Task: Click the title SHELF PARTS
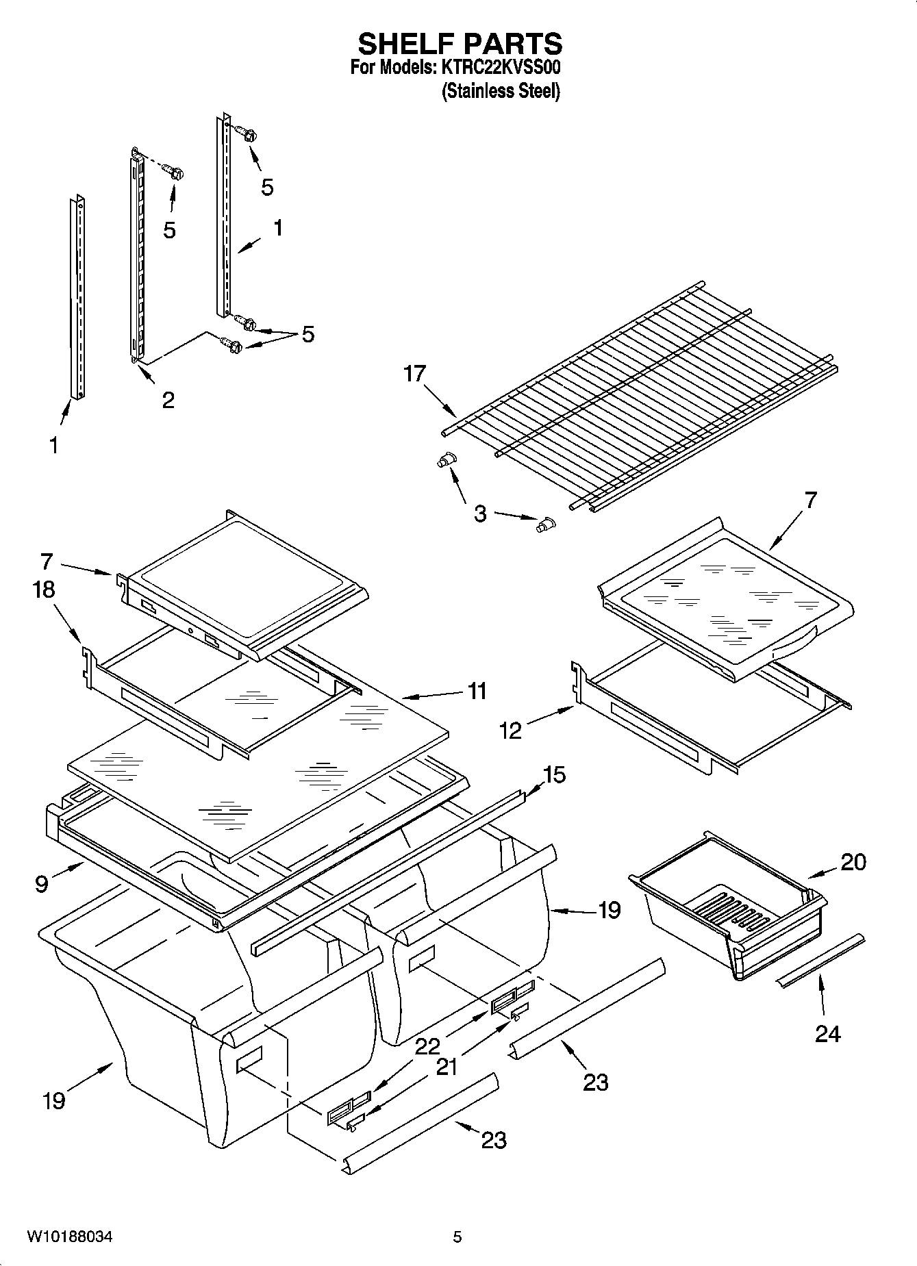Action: [460, 44]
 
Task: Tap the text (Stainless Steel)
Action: [501, 91]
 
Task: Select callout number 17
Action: [414, 374]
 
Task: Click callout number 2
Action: [168, 399]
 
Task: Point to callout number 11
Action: [477, 691]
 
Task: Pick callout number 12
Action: [511, 731]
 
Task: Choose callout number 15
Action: [554, 775]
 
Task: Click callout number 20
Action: [853, 861]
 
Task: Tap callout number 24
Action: [827, 1033]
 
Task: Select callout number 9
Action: [42, 884]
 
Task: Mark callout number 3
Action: [480, 513]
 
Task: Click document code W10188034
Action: [69, 1237]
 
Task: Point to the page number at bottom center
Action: [457, 1237]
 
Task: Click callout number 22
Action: [427, 1047]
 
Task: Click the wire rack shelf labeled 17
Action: [644, 390]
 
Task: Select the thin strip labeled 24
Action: [820, 961]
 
